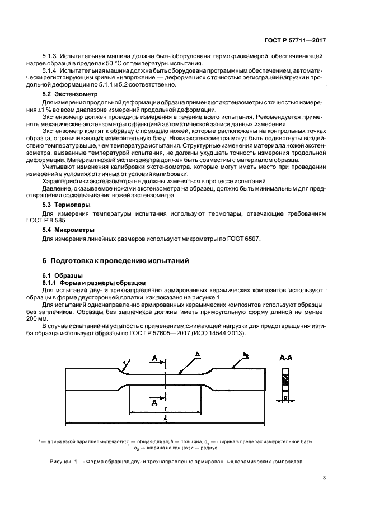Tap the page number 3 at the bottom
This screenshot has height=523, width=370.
tap(324, 477)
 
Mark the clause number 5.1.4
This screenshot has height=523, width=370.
tap(50, 72)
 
